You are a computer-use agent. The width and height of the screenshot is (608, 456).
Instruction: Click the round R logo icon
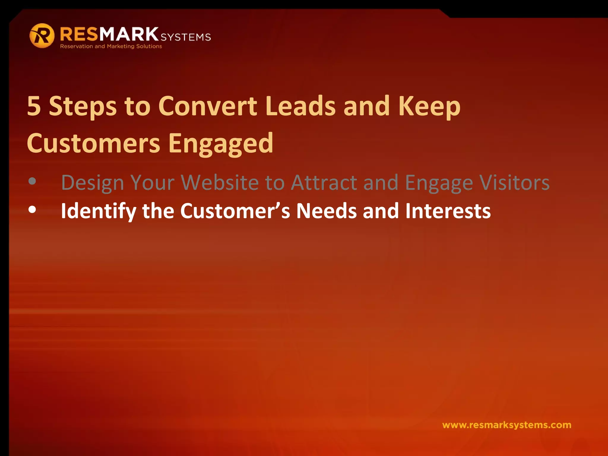point(42,36)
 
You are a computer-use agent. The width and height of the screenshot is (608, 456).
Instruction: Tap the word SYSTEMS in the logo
point(186,37)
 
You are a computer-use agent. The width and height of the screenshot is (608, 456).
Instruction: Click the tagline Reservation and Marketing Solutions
point(111,46)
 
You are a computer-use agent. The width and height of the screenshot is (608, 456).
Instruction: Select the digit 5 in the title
point(34,106)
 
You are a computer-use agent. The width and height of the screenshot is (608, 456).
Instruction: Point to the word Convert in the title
point(208,106)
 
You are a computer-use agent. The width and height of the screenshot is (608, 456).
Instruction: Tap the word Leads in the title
point(300,106)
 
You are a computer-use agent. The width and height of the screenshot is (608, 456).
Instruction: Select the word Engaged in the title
point(221,144)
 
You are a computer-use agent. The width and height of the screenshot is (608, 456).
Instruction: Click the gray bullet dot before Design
point(32,181)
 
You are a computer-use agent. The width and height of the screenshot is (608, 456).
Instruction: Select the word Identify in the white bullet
point(98,211)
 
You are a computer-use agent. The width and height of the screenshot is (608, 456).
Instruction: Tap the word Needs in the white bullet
point(326,211)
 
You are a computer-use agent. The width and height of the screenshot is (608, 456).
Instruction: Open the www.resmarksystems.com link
point(506,425)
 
